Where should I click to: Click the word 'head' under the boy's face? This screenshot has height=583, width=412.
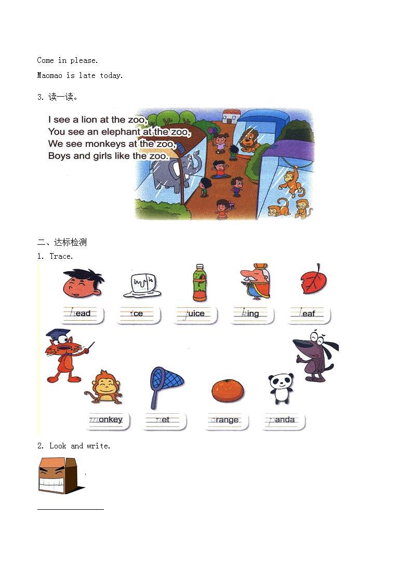coord(81,313)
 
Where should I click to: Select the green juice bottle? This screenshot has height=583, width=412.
coord(199,283)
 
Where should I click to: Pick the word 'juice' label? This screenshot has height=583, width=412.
coord(194,313)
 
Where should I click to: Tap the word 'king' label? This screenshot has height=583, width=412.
coord(252,313)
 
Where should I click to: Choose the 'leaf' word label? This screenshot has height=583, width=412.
coord(308,313)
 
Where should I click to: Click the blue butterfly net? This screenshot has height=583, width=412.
coord(165,386)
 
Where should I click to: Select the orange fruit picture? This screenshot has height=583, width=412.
coord(227,390)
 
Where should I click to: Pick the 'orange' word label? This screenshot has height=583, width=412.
coord(225,419)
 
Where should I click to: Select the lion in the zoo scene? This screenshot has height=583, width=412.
coord(250,140)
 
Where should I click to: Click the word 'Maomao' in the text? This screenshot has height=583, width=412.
coord(49,75)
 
